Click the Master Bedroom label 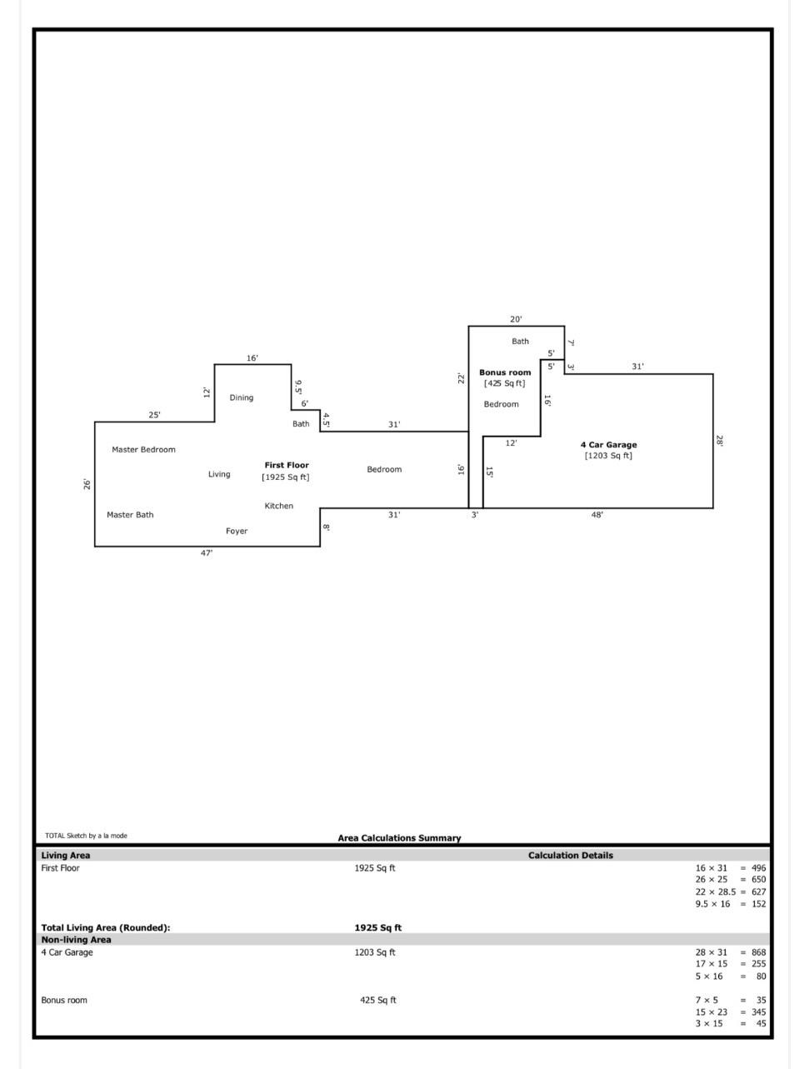pyautogui.click(x=143, y=450)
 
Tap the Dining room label pyautogui.click(x=242, y=398)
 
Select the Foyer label pyautogui.click(x=237, y=532)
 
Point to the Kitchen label pyautogui.click(x=279, y=507)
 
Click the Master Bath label pyautogui.click(x=130, y=515)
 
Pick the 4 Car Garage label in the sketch pyautogui.click(x=608, y=445)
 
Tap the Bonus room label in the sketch pyautogui.click(x=505, y=372)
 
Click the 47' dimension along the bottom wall pyautogui.click(x=207, y=553)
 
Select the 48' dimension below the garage pyautogui.click(x=597, y=515)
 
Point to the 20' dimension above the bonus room pyautogui.click(x=517, y=319)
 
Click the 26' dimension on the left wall pyautogui.click(x=87, y=484)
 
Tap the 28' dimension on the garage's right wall pyautogui.click(x=720, y=441)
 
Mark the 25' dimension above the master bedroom pyautogui.click(x=155, y=415)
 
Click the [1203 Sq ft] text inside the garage pyautogui.click(x=608, y=456)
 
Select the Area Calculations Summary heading pyautogui.click(x=399, y=838)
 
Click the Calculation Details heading pyautogui.click(x=571, y=856)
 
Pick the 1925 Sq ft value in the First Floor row pyautogui.click(x=375, y=868)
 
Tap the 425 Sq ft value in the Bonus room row pyautogui.click(x=378, y=1001)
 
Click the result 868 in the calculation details pyautogui.click(x=758, y=952)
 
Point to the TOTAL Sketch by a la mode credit pyautogui.click(x=86, y=836)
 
